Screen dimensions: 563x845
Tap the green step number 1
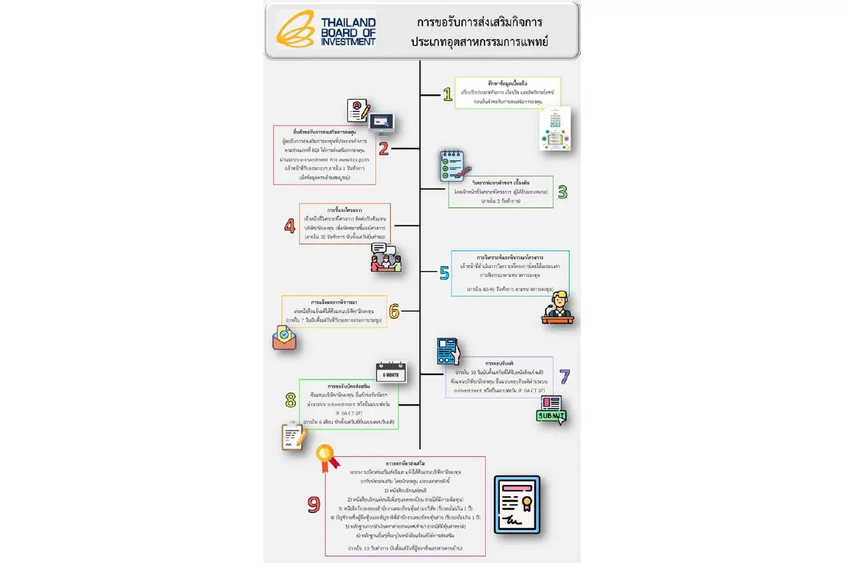446,94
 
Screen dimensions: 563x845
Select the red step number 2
384,148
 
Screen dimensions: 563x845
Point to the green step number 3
562,191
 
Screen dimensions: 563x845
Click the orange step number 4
289,225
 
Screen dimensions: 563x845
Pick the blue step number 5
444,272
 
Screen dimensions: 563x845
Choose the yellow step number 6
394,311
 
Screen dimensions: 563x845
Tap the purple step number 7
564,377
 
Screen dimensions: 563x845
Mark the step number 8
289,400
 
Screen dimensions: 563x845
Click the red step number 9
314,504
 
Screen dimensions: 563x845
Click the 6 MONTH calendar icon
391,372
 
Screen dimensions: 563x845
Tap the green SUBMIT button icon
551,411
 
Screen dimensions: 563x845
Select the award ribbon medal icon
325,457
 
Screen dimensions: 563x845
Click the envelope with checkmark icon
284,337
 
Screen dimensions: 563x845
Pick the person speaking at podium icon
558,306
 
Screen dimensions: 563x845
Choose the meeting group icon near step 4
386,258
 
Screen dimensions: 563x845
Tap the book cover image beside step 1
553,129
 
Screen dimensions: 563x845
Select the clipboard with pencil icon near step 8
294,436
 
